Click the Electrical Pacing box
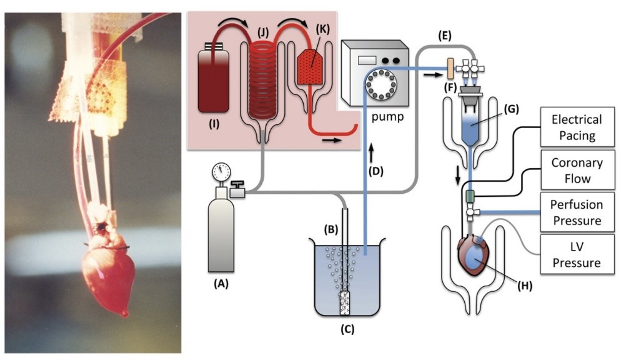coord(576,127)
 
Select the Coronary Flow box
coord(576,170)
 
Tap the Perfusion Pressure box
coord(576,212)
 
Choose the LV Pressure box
coord(576,254)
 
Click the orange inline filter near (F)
coord(449,64)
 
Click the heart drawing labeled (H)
coord(477,256)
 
